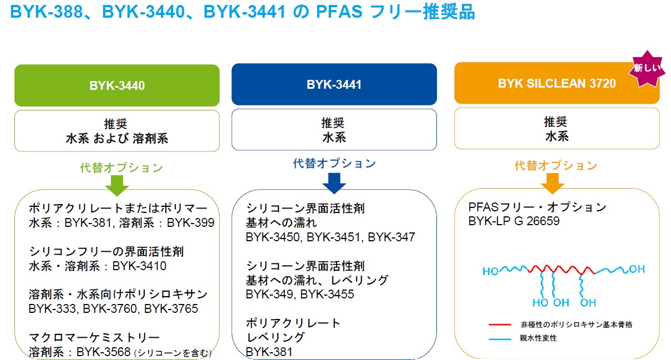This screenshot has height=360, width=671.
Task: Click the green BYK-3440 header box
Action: point(117,85)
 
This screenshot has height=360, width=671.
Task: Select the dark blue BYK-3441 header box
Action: point(334,84)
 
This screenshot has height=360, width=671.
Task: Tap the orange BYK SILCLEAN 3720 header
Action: point(557,83)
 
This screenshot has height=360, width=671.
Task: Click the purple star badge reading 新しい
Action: point(647,69)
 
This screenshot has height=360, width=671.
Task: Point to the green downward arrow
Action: point(117,186)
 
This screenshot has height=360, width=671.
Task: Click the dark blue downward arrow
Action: point(334,183)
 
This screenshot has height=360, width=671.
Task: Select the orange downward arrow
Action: point(553,184)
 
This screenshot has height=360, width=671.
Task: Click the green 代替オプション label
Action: point(121,168)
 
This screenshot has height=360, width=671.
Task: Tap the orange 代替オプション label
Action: point(556,165)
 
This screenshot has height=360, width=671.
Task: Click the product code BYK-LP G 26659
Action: point(514,221)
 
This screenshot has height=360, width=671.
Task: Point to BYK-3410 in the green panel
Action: point(139,266)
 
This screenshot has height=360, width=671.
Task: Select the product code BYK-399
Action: point(191,223)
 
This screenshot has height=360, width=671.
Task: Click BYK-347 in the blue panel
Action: point(391,237)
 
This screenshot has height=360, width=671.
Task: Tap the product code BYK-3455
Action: point(327,295)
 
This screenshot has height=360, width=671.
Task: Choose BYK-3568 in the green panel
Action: point(104,352)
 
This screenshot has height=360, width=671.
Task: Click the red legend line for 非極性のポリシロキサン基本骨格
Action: point(500,324)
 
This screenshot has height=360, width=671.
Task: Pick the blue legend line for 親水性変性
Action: point(500,339)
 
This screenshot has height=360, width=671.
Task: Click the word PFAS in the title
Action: point(339,12)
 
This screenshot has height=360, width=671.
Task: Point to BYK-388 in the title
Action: point(46,12)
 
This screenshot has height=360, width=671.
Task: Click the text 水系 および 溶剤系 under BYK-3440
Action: point(117,139)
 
